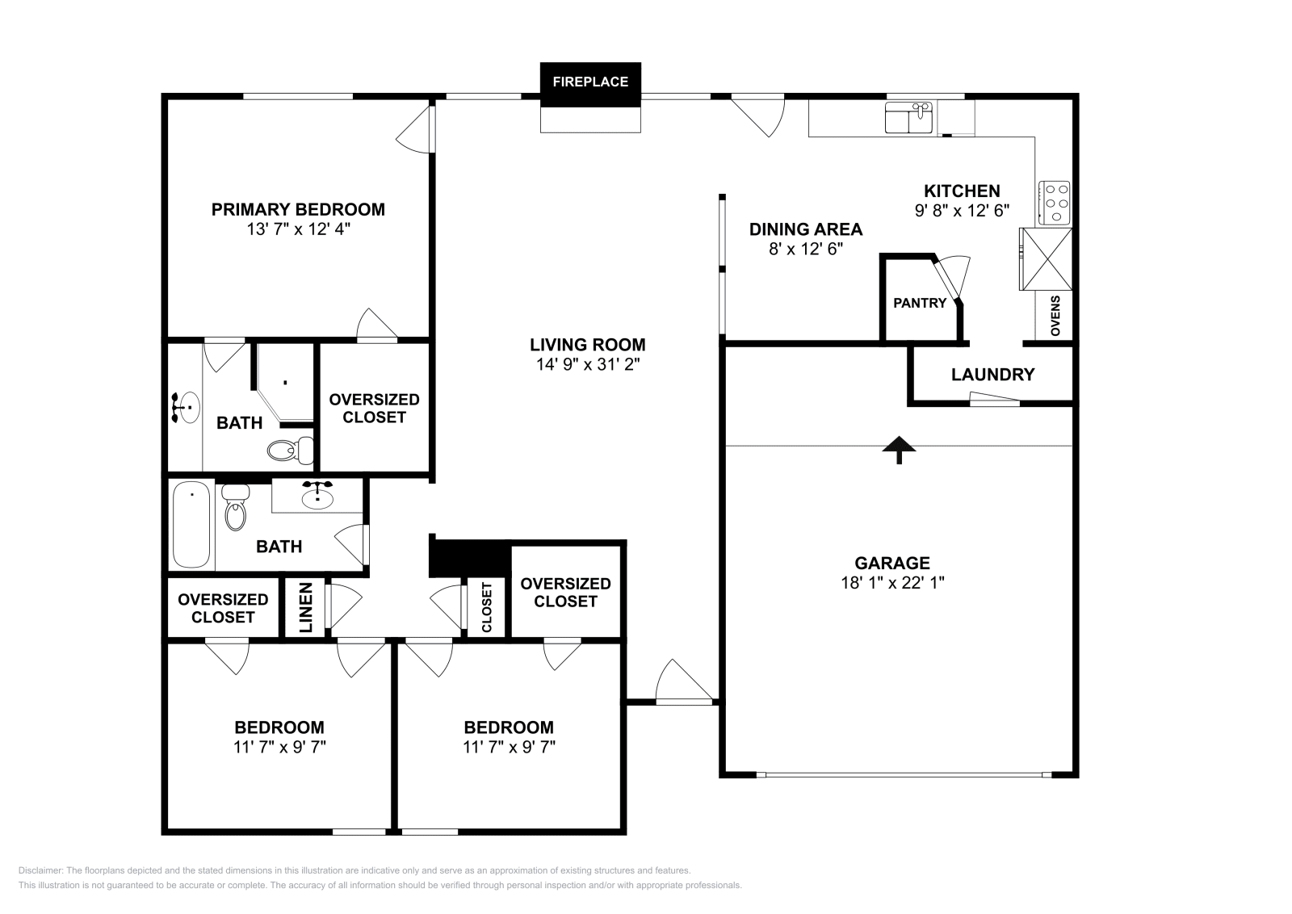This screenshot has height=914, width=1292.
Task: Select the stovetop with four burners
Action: point(1055,202)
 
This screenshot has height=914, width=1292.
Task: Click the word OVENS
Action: point(1055,316)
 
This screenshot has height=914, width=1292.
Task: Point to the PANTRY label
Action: point(919,303)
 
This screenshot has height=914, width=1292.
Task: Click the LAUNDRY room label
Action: point(992,375)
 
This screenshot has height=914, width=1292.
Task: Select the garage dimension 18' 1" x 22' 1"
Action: point(892,582)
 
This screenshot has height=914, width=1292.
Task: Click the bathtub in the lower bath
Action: point(191,525)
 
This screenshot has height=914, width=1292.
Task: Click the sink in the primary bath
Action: point(187,407)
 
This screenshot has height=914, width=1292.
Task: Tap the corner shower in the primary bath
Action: point(285,382)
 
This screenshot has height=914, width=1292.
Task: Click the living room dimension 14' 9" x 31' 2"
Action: point(587,364)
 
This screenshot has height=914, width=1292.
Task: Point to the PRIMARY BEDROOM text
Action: point(298,209)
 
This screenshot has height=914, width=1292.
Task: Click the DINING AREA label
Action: point(805,229)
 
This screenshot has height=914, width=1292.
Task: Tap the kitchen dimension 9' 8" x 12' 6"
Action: point(962,210)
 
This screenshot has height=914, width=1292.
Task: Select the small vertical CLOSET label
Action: point(487,607)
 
